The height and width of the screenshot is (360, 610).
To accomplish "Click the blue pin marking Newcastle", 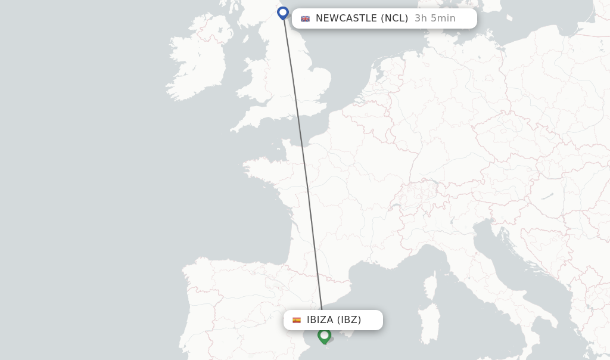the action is tap(283, 12).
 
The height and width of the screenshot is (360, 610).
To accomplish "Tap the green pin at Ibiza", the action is tap(324, 336).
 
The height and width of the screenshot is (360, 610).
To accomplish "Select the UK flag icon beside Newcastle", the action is tap(305, 18).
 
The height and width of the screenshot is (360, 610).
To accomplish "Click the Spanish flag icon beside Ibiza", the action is tap(297, 320).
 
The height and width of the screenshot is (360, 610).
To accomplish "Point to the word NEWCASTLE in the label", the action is tap(346, 18).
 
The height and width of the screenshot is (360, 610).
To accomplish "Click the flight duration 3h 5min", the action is tap(435, 18).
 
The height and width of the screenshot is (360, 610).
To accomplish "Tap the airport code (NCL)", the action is tap(394, 18).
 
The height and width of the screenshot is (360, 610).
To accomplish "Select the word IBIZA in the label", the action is tap(320, 320).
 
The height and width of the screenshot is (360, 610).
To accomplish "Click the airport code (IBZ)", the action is tap(349, 320).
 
